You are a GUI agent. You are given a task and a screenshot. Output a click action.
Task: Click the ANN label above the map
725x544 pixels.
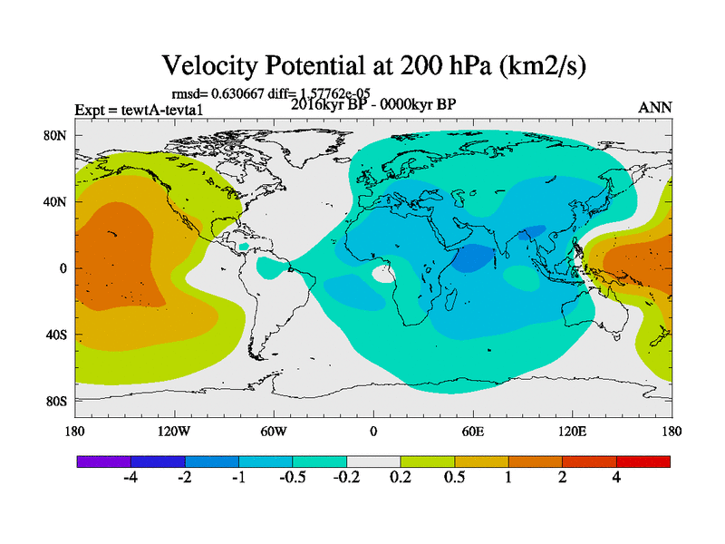click(655, 107)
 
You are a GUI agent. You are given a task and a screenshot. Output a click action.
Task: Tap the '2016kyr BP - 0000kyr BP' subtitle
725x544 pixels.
click(372, 103)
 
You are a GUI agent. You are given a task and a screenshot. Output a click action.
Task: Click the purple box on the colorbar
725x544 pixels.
click(103, 461)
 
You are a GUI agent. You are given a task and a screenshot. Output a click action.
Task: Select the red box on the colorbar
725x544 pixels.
click(643, 461)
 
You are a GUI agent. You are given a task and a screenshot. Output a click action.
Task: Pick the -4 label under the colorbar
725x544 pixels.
click(130, 477)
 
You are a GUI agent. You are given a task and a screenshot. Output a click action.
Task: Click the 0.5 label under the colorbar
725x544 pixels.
click(454, 477)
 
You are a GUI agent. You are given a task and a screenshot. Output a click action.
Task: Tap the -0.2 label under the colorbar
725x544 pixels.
click(345, 477)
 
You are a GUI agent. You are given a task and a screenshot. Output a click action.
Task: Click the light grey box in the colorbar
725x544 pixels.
click(372, 461)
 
